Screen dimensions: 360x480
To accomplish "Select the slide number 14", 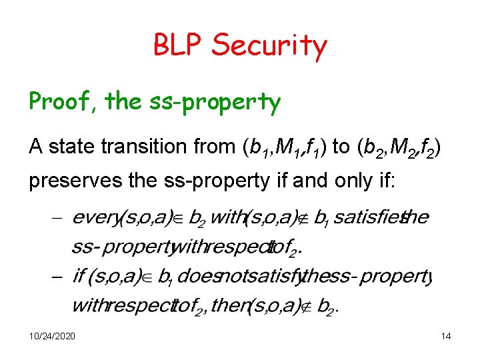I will (446, 336).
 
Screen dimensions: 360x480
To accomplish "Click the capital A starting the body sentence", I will (35, 147).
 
